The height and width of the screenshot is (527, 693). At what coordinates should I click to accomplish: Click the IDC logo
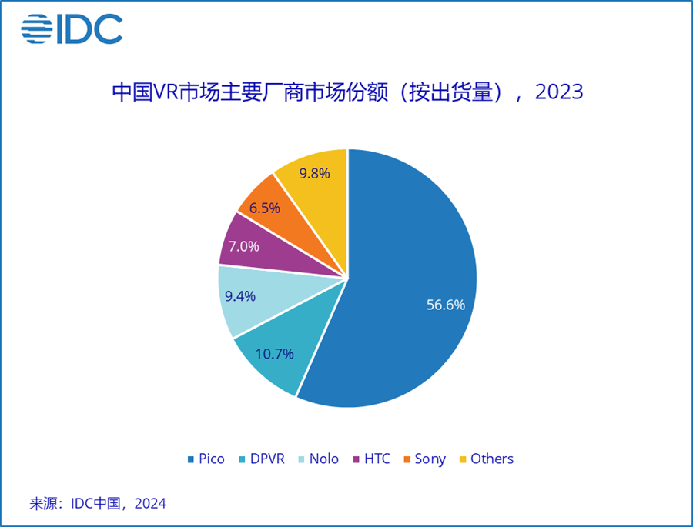tap(72, 28)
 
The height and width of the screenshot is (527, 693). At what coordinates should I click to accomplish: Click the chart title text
tap(347, 92)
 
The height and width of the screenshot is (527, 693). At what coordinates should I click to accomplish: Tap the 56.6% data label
tap(446, 305)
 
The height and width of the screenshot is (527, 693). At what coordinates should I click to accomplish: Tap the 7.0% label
tap(243, 247)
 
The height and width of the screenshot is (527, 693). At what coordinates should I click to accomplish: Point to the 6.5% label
tap(264, 208)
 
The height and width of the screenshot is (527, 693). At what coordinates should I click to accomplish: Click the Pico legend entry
tap(206, 459)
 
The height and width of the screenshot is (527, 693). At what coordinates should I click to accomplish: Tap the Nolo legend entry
tap(317, 459)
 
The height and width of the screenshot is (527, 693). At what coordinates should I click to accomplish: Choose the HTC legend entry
tap(371, 459)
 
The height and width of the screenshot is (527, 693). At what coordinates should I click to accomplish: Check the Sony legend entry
tap(423, 459)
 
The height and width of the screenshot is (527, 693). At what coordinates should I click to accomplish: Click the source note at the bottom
tap(98, 504)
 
